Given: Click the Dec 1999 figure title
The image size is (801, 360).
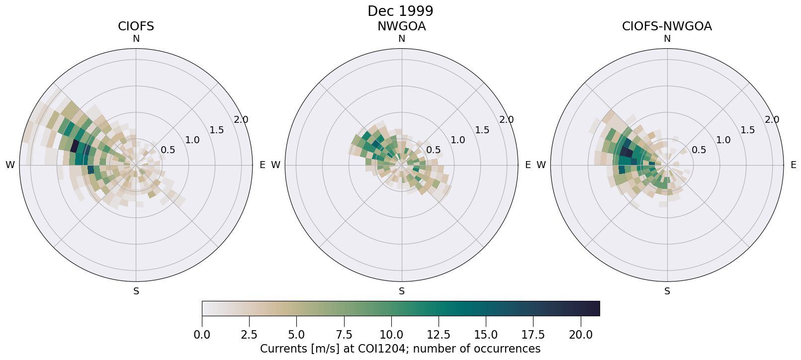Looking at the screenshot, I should click(x=400, y=11).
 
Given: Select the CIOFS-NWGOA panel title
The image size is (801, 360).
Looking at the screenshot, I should click(x=667, y=26).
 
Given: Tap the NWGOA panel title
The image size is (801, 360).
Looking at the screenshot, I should click(x=401, y=26).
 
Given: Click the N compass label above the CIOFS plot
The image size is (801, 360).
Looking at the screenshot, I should click(x=136, y=39).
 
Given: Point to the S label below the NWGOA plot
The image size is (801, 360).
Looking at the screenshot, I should click(x=402, y=291).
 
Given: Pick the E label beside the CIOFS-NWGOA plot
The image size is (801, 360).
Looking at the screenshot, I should click(x=793, y=165).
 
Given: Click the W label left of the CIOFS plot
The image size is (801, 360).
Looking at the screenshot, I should click(x=10, y=165).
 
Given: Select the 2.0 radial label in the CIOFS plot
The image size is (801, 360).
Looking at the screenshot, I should click(x=241, y=119).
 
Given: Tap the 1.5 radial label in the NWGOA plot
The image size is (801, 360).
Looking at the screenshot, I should click(x=482, y=130).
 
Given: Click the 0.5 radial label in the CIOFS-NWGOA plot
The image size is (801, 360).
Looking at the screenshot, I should click(x=699, y=150).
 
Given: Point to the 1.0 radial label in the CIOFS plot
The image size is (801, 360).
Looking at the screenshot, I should click(x=192, y=140).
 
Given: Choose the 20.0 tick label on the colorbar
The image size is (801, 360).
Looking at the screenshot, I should click(x=580, y=335).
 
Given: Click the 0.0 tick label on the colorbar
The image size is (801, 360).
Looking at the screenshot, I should click(x=202, y=335).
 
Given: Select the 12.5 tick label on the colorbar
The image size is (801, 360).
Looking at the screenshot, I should click(x=439, y=335).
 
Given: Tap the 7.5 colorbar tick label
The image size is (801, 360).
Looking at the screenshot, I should click(x=344, y=335).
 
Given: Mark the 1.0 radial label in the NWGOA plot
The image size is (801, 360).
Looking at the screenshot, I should click(x=458, y=140).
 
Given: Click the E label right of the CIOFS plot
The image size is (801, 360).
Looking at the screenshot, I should click(x=262, y=165).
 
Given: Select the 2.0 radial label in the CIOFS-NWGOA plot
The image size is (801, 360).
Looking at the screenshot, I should click(x=772, y=119).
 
